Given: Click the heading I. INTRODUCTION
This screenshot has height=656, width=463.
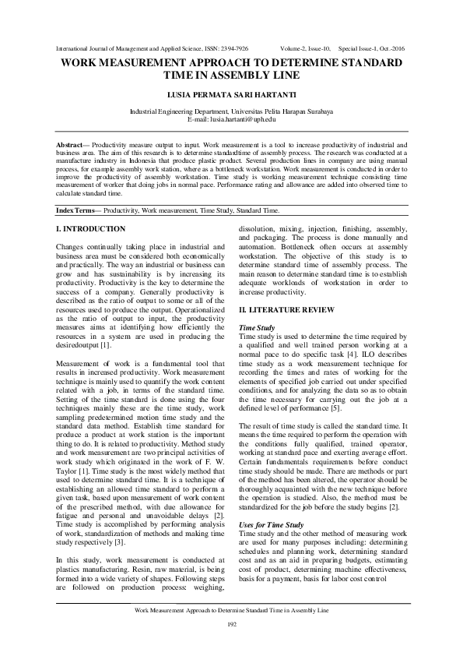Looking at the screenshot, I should [x=91, y=228].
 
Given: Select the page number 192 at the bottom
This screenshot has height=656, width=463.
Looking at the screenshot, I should [x=231, y=625].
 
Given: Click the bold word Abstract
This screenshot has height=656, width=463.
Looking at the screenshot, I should [x=73, y=146].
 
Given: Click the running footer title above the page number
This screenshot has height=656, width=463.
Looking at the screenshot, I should [x=231, y=610].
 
